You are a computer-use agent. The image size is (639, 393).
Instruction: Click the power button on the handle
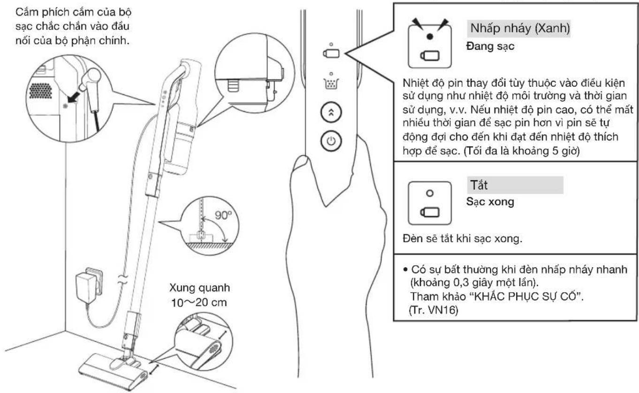[x=331, y=141]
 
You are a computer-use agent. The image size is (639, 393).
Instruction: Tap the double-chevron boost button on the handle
[x=331, y=112]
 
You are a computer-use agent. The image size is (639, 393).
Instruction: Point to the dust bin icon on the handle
[x=331, y=83]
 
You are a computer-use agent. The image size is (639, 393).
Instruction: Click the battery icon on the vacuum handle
[x=331, y=54]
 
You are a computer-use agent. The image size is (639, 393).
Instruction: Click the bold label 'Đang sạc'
[x=490, y=46]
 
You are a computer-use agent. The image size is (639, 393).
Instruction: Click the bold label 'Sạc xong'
[x=490, y=201]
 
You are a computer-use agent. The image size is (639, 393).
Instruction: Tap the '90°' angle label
[x=223, y=215]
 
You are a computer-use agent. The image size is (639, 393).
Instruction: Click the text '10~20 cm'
[x=199, y=302]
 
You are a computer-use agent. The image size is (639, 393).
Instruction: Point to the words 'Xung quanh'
[x=199, y=288]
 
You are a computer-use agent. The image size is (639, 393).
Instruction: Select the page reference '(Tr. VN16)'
[x=434, y=310]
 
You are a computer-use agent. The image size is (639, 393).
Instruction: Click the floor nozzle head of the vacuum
[x=114, y=371]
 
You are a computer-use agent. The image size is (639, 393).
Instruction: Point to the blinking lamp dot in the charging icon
[x=430, y=37]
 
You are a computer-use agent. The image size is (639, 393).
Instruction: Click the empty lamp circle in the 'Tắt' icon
[x=430, y=193]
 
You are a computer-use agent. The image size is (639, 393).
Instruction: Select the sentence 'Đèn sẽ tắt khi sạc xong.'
[x=463, y=239]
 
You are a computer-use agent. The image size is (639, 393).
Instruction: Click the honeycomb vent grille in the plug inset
[x=40, y=91]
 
